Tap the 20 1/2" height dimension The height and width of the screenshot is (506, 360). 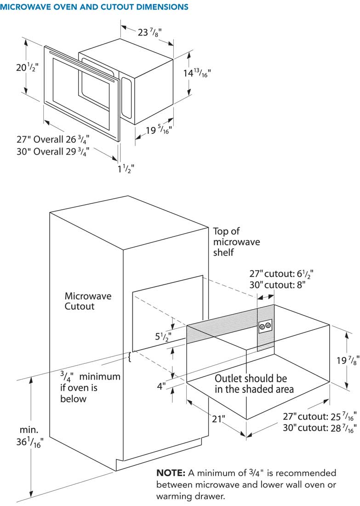(28, 68)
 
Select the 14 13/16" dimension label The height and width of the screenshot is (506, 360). (197, 73)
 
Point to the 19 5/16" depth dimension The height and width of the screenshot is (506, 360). (159, 130)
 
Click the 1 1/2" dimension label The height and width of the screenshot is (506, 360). (126, 168)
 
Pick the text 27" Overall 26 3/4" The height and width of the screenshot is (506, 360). (53, 139)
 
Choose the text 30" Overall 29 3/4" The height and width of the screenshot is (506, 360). (53, 151)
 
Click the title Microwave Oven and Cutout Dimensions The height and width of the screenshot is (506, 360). (94, 7)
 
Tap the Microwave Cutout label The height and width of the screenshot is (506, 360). (88, 301)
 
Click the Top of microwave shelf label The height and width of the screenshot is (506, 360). (236, 241)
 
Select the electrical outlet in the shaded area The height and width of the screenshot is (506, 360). (265, 326)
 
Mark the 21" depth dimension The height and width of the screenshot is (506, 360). (218, 419)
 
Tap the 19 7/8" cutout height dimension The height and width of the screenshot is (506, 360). (348, 360)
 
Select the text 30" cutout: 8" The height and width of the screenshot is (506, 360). (277, 285)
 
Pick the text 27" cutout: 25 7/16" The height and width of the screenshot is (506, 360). (320, 416)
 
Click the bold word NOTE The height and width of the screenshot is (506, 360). (171, 473)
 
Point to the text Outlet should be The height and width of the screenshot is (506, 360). (251, 378)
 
